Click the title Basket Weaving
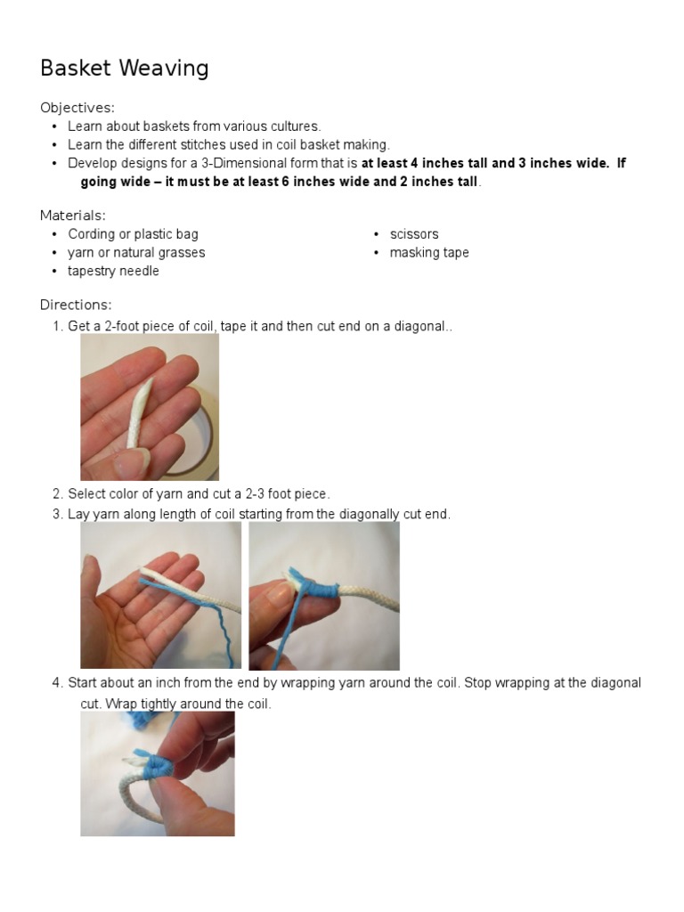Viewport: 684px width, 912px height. (x=125, y=69)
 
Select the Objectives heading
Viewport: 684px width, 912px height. (x=77, y=108)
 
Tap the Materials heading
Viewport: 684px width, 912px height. (x=73, y=216)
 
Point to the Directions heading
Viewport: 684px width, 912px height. (x=76, y=305)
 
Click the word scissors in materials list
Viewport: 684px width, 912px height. (x=413, y=234)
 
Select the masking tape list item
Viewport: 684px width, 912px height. (x=428, y=253)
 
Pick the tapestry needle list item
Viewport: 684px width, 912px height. (x=113, y=272)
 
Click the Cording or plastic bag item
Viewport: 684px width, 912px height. (x=133, y=234)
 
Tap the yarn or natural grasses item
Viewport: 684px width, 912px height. (x=136, y=253)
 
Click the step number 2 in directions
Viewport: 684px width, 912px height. (x=57, y=493)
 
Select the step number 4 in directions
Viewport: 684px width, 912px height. (x=57, y=683)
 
